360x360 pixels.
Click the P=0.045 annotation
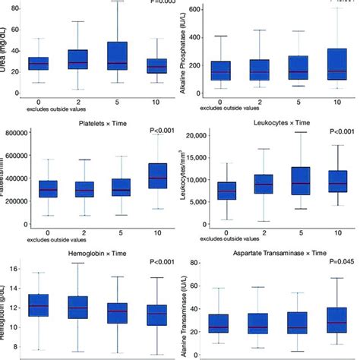(x=341, y=262)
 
